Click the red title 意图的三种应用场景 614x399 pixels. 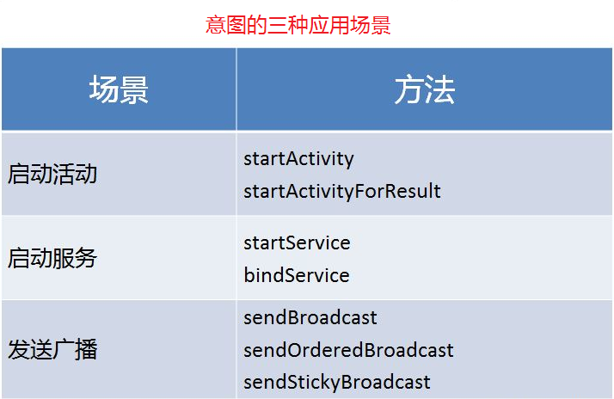298,25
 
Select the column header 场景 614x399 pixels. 119,89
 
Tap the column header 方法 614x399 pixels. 425,89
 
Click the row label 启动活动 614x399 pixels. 52,174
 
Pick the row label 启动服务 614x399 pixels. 52,258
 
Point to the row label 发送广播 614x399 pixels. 52,349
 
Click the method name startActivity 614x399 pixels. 298,159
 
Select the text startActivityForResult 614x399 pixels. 342,191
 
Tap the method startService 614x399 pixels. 297,242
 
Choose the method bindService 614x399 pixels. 297,275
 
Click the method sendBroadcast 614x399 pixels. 310,317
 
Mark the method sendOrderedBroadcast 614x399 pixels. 348,350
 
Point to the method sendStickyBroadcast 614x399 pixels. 337,383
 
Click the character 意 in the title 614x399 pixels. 215,25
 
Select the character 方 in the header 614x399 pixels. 409,89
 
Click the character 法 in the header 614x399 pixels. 439,89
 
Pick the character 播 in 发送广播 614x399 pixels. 86,349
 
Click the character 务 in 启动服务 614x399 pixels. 86,258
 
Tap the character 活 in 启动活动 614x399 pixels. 64,174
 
